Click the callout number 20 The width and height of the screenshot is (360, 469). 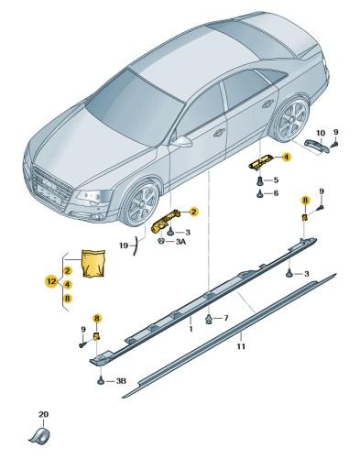(42, 414)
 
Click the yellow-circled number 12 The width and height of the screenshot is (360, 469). (52, 284)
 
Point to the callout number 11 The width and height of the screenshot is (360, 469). (240, 347)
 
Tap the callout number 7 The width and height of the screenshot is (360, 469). (225, 318)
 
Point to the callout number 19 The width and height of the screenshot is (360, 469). (124, 245)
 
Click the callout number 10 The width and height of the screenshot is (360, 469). (320, 133)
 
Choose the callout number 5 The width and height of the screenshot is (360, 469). (275, 180)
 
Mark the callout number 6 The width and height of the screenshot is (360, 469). (275, 193)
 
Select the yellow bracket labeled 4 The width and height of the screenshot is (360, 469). (258, 161)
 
